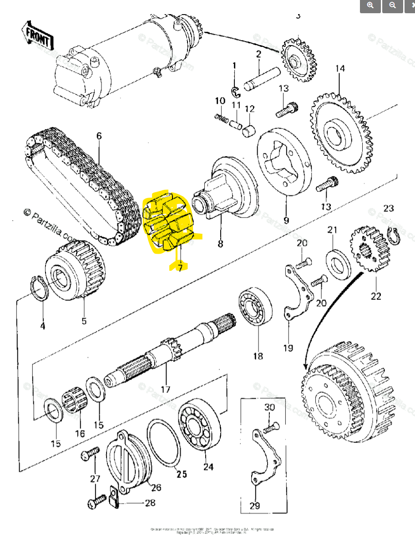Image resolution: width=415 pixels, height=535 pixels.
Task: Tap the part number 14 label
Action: pos(340,69)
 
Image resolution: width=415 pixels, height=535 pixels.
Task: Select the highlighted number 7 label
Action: pos(180,267)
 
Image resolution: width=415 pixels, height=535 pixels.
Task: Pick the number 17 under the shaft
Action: pos(165,389)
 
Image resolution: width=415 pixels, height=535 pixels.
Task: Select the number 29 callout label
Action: pos(255,506)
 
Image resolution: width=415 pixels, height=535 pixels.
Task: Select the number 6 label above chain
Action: pos(99,136)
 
